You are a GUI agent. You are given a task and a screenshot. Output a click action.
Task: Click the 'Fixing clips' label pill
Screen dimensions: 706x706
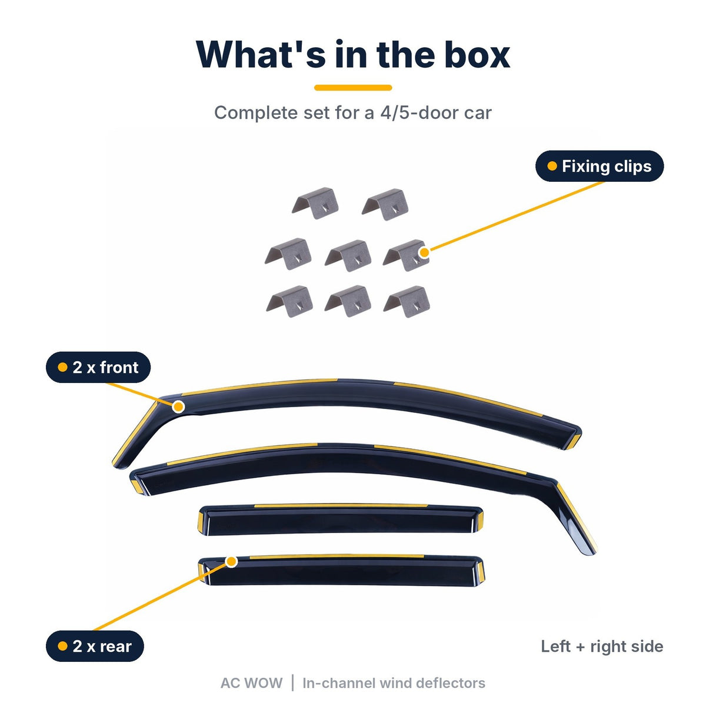click(599, 166)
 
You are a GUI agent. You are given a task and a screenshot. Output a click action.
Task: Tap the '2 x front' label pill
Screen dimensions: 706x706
click(98, 367)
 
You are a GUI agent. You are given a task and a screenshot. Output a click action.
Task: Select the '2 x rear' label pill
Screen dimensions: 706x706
click(95, 646)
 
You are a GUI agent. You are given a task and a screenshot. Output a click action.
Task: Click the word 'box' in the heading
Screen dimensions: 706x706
click(477, 55)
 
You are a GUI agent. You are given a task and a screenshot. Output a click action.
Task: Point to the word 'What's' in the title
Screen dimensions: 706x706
click(261, 55)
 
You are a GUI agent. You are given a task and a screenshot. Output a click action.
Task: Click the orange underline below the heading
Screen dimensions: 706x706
click(353, 88)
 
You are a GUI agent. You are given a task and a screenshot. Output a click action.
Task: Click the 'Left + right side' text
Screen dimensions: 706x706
click(602, 646)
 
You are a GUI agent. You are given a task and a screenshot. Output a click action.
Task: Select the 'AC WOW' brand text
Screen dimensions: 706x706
click(251, 683)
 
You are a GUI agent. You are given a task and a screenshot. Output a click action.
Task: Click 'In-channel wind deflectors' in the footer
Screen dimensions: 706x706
click(394, 683)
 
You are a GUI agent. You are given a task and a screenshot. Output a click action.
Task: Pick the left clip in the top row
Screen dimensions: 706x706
click(315, 204)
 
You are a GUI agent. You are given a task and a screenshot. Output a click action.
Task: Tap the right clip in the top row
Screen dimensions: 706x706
click(385, 204)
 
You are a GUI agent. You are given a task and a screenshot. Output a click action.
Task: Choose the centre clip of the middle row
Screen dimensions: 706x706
click(348, 256)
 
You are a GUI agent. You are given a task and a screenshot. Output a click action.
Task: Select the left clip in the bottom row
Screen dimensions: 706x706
click(289, 302)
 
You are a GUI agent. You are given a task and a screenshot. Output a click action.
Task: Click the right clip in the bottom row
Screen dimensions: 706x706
click(407, 302)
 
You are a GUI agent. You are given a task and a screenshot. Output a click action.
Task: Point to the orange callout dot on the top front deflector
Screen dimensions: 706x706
click(178, 407)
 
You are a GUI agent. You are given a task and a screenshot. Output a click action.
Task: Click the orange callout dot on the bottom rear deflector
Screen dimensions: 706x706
click(232, 562)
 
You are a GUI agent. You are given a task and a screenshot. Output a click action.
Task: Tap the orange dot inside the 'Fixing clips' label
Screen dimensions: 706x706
click(552, 166)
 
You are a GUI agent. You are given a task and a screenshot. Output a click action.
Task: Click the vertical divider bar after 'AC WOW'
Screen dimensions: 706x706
click(292, 683)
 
